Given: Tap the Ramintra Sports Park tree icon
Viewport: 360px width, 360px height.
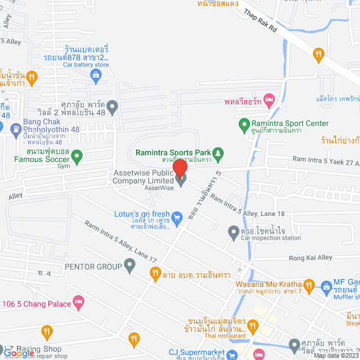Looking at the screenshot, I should tap(220, 152).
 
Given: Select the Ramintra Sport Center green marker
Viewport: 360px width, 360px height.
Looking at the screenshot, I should tap(244, 124).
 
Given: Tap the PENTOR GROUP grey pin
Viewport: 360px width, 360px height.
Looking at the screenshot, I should tap(130, 264).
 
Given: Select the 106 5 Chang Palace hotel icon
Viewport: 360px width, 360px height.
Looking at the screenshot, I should tap(79, 304).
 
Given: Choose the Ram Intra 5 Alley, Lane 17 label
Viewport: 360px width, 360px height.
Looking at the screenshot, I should tap(121, 240).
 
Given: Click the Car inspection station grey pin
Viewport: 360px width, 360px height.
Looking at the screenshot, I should tap(233, 231).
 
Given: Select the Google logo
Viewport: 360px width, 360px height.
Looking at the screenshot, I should tap(18, 353).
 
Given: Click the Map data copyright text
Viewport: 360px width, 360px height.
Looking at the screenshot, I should tap(336, 355).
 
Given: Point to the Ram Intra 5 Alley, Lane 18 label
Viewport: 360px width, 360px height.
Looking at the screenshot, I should tap(256, 205).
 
